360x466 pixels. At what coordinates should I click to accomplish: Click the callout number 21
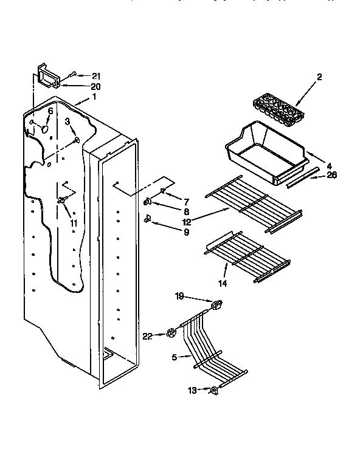tap(95, 75)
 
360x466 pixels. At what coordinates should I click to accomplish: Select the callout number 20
tap(95, 86)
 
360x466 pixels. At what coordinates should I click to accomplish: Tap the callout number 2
tap(319, 77)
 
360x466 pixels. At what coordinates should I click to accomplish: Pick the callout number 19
tap(179, 298)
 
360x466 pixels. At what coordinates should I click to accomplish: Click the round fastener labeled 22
tap(170, 332)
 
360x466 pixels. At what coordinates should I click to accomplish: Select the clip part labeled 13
tap(213, 392)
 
